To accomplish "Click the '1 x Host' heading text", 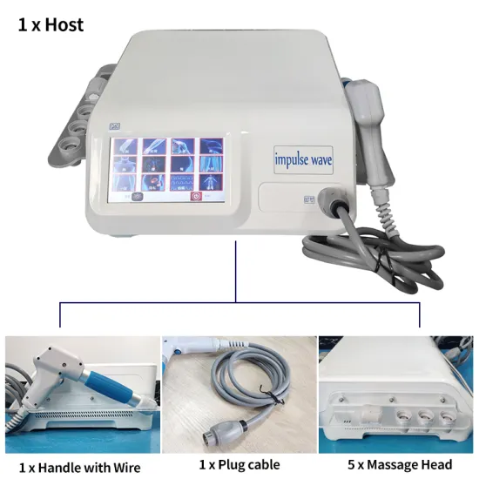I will click(51, 24).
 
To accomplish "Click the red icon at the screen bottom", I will click(196, 198).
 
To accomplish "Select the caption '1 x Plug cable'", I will click(239, 464).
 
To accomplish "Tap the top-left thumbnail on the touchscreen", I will click(124, 146).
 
